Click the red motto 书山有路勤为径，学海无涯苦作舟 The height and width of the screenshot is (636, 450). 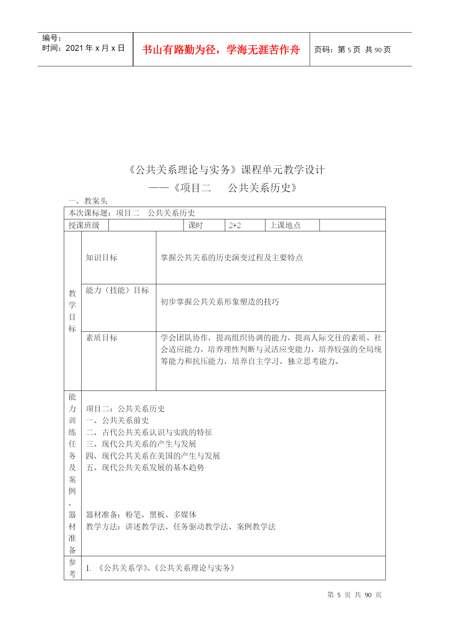coord(221,50)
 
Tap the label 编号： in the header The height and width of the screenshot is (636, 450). coord(52,38)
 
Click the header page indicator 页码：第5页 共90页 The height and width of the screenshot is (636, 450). coord(352,50)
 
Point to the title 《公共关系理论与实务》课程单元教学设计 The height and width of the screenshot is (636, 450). coord(227,170)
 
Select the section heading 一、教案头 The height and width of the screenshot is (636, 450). coord(88,201)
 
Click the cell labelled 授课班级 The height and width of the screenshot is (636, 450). coord(84,225)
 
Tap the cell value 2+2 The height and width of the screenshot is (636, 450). coord(235,225)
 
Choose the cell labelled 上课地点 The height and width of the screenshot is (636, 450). coord(285,225)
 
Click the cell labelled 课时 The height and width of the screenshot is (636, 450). coord(195,225)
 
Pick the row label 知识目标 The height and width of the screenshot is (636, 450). coord(102,257)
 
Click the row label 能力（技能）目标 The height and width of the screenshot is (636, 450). coord(117,290)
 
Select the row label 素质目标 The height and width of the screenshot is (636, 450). coord(102,338)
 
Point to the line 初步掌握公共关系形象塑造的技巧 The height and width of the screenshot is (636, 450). coord(220,302)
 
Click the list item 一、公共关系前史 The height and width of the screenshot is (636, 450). coord(117,420)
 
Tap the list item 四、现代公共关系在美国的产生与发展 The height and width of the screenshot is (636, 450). coord(153,456)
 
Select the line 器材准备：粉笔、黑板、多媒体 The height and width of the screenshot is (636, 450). coord(141,515)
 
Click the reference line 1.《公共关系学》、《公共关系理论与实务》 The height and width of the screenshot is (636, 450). coord(161,568)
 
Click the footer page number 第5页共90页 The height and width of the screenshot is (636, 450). coord(354,595)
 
